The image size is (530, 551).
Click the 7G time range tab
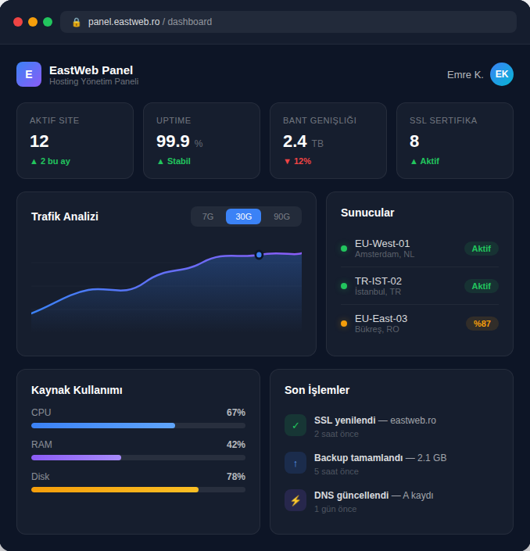208,216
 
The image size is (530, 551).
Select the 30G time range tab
243,216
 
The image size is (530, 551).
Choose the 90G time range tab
281,216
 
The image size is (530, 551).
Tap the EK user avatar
502,74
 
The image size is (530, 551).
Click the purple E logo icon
29,74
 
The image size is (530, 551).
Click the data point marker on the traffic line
259,255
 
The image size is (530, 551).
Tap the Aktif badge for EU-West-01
481,249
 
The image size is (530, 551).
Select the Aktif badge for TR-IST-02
481,286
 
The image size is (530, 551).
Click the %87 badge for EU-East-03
482,324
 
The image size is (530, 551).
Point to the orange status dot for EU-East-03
344,324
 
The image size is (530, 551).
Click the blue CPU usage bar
103,426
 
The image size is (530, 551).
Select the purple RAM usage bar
76,457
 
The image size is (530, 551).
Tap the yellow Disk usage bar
115,489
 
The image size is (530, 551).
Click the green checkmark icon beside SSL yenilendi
295,425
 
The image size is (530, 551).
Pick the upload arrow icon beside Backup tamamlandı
295,463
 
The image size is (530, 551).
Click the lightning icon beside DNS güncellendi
295,500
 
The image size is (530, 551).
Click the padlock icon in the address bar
77,22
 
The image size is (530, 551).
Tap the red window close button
18,22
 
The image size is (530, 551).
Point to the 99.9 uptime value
173,141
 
